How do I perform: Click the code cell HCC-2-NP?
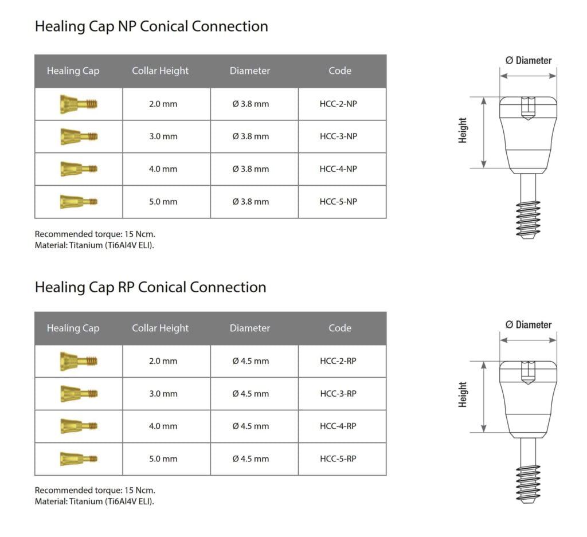[x=342, y=104]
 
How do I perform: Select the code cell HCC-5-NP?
[x=342, y=202]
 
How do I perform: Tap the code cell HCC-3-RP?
[x=338, y=394]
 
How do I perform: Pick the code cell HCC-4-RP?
[x=338, y=426]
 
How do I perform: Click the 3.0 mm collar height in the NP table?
[x=163, y=136]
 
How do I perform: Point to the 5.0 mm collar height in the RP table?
[x=163, y=459]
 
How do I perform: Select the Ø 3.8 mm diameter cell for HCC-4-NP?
[x=251, y=169]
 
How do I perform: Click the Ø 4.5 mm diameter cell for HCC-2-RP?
[x=251, y=361]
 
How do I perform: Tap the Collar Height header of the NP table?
[x=160, y=71]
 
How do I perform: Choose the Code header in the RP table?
[x=340, y=328]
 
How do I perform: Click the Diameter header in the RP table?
[x=250, y=328]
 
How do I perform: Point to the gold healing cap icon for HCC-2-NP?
[x=79, y=104]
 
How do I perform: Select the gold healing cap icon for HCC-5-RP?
[x=79, y=458]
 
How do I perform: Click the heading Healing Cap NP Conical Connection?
[x=151, y=26]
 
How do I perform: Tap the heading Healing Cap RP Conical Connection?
[x=150, y=287]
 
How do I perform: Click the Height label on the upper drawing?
[x=463, y=131]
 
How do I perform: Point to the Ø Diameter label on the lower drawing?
[x=528, y=325]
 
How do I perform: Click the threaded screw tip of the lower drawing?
[x=528, y=483]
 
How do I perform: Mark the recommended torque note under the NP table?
[x=95, y=234]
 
